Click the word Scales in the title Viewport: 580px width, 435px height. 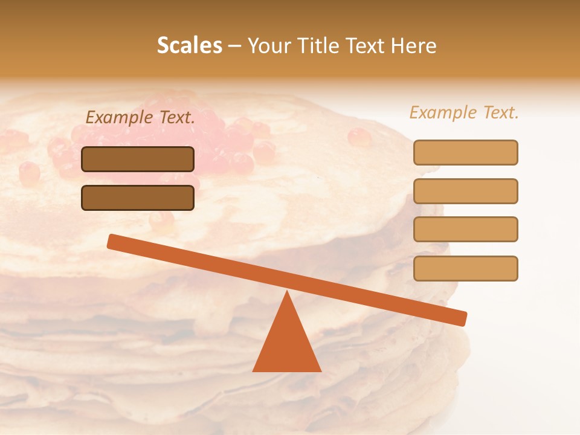[x=189, y=46]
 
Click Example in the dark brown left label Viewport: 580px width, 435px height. [x=118, y=118]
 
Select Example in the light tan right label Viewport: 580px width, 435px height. [x=442, y=112]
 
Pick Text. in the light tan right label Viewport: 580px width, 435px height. [x=500, y=112]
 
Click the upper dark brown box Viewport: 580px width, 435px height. [x=138, y=159]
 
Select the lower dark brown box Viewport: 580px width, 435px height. [x=138, y=198]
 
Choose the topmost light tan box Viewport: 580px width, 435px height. [x=465, y=152]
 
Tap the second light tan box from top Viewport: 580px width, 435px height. [x=465, y=191]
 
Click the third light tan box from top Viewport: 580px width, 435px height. [x=465, y=230]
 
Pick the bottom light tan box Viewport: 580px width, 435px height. [x=465, y=268]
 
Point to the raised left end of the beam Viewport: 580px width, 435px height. [x=115, y=242]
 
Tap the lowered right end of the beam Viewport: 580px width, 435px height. [x=459, y=318]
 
